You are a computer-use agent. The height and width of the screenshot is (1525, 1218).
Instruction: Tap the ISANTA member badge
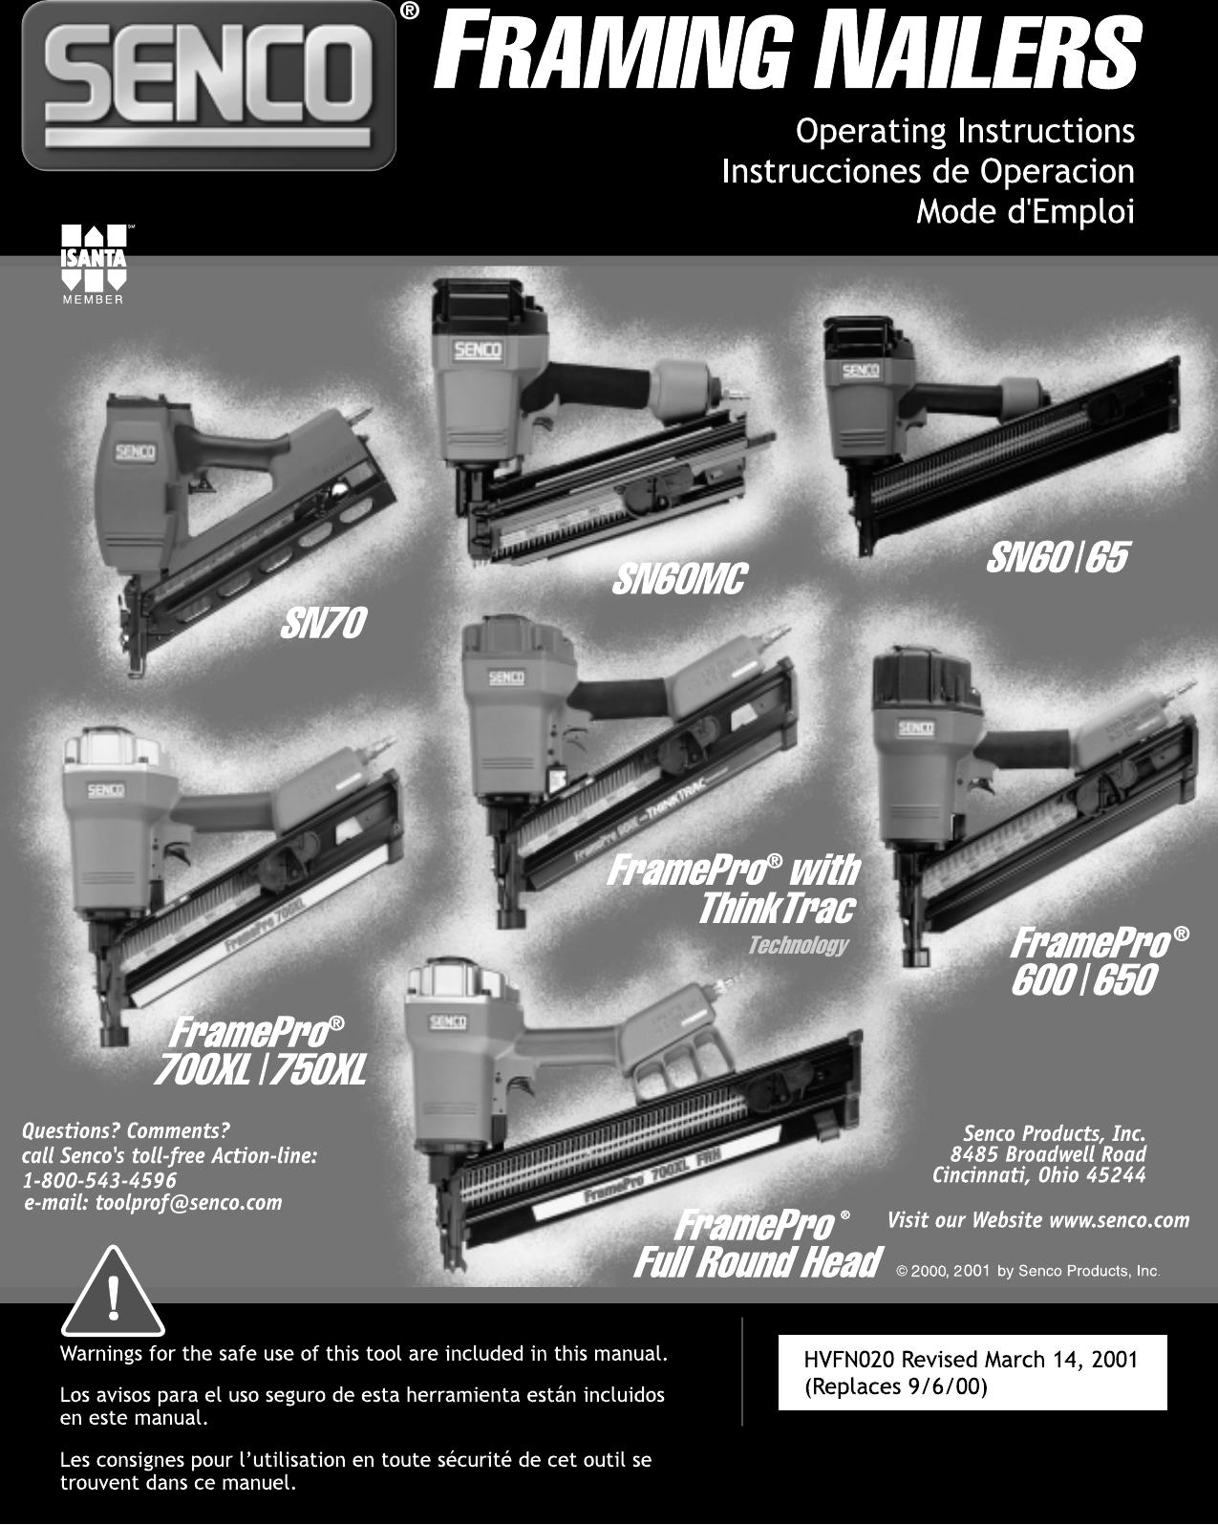point(93,264)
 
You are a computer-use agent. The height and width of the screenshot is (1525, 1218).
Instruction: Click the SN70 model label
point(323,625)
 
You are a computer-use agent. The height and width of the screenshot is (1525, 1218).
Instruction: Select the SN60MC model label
point(678,579)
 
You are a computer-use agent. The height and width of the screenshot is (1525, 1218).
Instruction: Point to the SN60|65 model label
point(1057,558)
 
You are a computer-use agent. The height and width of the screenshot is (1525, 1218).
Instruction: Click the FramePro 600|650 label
point(1084,979)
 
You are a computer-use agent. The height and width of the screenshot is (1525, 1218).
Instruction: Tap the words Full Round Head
point(757,1262)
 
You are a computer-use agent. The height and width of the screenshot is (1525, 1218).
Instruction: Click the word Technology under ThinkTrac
point(798,945)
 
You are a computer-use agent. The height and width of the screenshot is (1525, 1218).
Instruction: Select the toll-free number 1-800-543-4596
point(99,1180)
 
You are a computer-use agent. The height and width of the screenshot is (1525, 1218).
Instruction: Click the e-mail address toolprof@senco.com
point(153,1202)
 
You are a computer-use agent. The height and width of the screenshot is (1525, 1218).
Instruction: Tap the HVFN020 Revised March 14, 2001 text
point(971,1360)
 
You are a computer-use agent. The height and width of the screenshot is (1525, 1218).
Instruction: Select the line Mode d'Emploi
point(1025,212)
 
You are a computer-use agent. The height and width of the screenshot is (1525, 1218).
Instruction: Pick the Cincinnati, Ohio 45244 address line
point(1038,1175)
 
